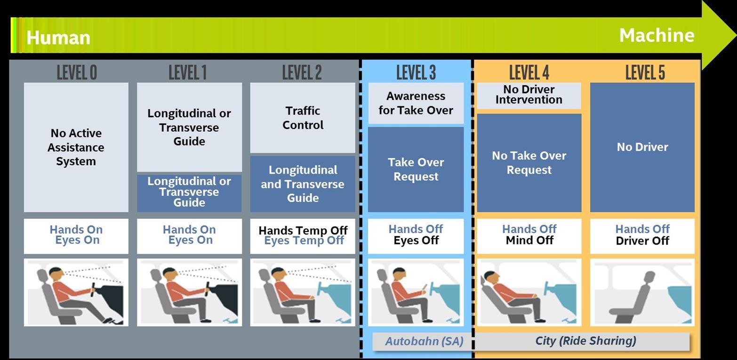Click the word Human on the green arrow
pos(58,38)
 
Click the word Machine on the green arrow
pos(657,35)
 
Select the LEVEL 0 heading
pos(77,72)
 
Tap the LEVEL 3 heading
pos(416,72)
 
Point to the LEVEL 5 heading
pos(645,72)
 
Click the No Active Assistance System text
pos(76,147)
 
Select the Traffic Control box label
pos(303,118)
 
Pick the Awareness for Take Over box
pos(416,103)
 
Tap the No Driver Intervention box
pos(529,96)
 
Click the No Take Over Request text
pos(529,162)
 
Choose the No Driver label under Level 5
pos(642,147)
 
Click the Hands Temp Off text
pos(303,230)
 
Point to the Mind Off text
pos(529,240)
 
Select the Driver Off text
pos(642,240)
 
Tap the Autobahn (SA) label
pos(424,341)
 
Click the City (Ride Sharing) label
pos(585,341)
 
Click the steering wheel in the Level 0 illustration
pos(93,290)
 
